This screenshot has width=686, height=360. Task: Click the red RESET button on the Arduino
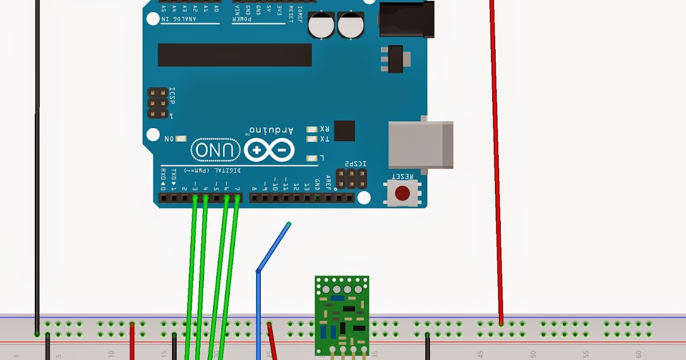[404, 193]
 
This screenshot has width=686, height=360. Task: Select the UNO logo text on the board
[216, 151]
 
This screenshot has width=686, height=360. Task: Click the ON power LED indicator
[181, 139]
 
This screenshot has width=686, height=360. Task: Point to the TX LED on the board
[312, 139]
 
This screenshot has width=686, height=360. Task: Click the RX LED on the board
[312, 129]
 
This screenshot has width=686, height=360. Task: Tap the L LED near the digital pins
[312, 158]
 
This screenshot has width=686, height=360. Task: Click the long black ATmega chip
[234, 55]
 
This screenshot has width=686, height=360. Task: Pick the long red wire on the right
[496, 160]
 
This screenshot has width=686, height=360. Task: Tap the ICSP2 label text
[355, 165]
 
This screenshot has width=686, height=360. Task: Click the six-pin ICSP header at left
[158, 103]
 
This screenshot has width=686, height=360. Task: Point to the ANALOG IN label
[178, 19]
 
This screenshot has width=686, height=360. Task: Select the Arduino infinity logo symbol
[269, 151]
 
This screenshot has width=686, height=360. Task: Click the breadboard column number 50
[533, 354]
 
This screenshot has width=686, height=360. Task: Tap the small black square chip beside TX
[344, 131]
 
